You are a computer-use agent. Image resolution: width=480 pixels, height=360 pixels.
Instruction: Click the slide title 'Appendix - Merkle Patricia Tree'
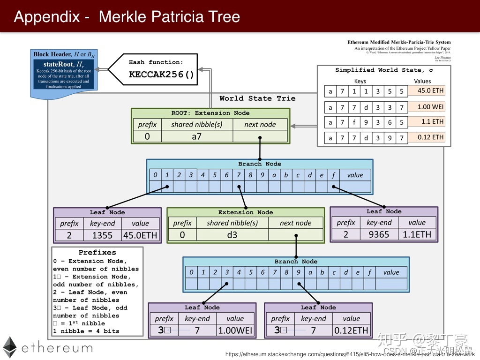coord(127,17)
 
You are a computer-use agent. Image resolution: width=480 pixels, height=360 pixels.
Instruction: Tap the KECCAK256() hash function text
coord(161,75)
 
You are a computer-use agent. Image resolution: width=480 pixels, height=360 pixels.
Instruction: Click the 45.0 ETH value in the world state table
coord(430,90)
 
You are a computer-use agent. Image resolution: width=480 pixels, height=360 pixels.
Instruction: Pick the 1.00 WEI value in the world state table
coord(430,106)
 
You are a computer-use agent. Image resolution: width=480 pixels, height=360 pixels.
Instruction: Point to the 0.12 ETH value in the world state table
coord(430,137)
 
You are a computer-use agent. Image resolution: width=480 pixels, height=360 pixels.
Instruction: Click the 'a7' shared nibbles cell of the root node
coord(196,137)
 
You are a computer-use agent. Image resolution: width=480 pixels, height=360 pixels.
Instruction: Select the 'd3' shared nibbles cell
coord(232,235)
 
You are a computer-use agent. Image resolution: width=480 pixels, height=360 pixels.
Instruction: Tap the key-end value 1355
coord(102,235)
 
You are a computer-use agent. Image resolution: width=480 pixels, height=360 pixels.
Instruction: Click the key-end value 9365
coord(379,234)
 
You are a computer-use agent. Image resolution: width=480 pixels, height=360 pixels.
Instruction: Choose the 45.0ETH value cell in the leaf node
coord(140,235)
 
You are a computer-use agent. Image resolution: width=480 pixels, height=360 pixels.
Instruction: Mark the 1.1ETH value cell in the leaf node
coord(417,234)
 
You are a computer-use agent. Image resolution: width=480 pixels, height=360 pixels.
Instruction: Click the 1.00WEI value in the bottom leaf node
coord(235,330)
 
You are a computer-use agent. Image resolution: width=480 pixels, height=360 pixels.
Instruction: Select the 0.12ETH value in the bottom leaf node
coord(351,330)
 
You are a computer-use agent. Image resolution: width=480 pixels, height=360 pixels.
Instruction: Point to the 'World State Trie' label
coord(257,98)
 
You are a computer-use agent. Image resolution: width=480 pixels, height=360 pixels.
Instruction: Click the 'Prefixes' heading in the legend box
coord(97,252)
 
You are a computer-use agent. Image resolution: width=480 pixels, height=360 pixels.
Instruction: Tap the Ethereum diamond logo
coord(10,347)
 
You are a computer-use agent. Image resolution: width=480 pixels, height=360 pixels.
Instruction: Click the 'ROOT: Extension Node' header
coord(210,113)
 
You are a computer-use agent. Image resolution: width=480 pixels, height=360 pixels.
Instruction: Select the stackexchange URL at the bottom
coord(350,354)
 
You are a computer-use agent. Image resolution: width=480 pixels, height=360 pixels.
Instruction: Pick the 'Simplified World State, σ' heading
coord(383,70)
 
